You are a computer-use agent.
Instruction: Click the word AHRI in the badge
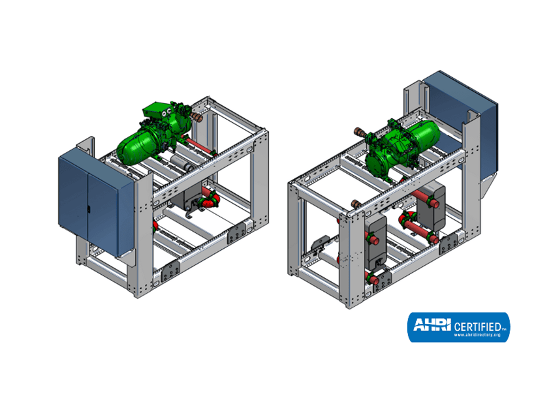tap(432, 325)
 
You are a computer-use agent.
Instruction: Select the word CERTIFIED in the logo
tap(477, 327)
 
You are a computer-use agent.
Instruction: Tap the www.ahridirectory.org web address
tap(477, 335)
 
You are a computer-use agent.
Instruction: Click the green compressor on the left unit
tap(154, 133)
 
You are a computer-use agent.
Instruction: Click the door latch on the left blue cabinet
tap(88, 209)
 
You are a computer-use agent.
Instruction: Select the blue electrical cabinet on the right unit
tap(460, 122)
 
